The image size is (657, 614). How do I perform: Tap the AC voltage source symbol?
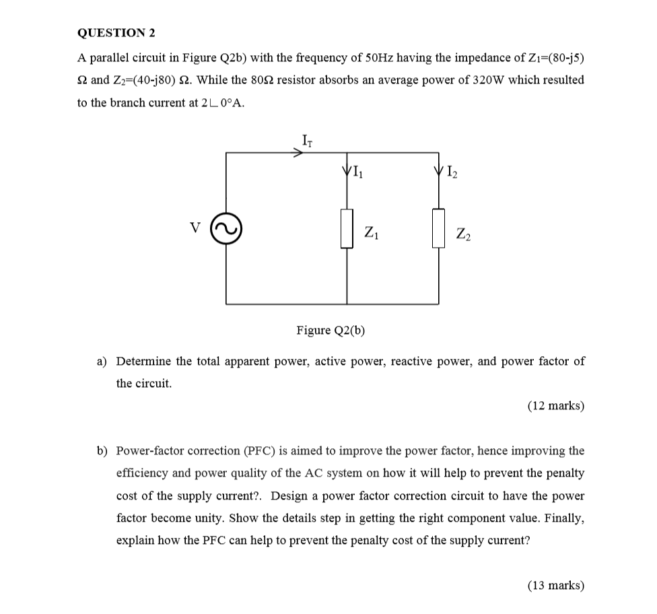tap(226, 228)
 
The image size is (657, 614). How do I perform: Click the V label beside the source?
tap(196, 228)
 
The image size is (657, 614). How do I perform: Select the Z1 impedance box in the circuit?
tap(347, 228)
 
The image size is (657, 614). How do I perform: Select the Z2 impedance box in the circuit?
tap(439, 228)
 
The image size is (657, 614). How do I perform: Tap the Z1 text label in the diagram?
tap(371, 234)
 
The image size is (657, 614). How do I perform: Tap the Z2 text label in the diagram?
tap(463, 234)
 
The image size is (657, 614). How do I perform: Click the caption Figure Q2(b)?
tap(331, 330)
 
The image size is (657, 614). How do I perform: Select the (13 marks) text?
tap(555, 585)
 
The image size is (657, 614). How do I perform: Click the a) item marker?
tap(102, 361)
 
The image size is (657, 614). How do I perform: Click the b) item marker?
tap(102, 450)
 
